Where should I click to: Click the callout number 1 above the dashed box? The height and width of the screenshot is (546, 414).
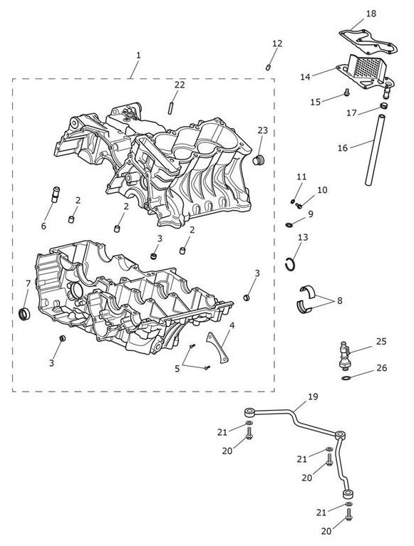[x=138, y=55]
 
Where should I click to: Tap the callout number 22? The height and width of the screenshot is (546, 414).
[x=180, y=85]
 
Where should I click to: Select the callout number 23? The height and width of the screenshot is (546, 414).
[x=263, y=130]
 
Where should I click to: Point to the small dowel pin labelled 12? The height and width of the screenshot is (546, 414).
[x=269, y=67]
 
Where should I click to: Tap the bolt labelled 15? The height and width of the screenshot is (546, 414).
[x=346, y=92]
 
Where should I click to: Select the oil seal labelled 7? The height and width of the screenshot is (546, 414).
[x=24, y=314]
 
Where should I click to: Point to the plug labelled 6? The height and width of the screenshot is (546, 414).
[x=56, y=194]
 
